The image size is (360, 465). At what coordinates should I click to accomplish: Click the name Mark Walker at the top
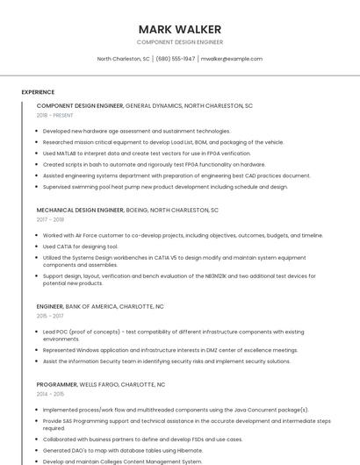pyautogui.click(x=180, y=29)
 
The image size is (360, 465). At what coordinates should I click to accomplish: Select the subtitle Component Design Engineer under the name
pyautogui.click(x=180, y=42)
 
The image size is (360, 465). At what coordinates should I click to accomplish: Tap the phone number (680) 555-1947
pyautogui.click(x=176, y=59)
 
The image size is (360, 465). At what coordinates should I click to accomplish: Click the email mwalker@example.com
pyautogui.click(x=231, y=59)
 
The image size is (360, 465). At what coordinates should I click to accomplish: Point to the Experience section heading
pyautogui.click(x=38, y=92)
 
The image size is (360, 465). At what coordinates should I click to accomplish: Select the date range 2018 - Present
pyautogui.click(x=55, y=115)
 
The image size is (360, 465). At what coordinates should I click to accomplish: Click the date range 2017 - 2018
pyautogui.click(x=50, y=220)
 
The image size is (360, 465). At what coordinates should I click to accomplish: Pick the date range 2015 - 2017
pyautogui.click(x=50, y=316)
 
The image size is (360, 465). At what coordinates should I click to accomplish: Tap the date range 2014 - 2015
pyautogui.click(x=50, y=394)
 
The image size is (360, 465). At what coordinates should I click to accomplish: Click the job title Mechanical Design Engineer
pyautogui.click(x=80, y=211)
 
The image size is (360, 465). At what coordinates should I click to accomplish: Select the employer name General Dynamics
pyautogui.click(x=154, y=105)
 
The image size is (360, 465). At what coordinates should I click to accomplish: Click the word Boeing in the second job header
pyautogui.click(x=137, y=211)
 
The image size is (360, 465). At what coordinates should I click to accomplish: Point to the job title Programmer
pyautogui.click(x=56, y=384)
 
